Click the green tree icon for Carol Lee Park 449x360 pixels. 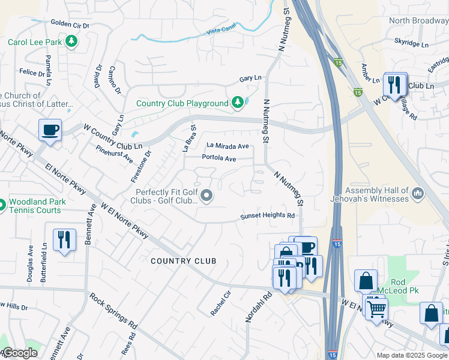(x=71, y=42)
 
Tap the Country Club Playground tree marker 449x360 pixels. (x=238, y=103)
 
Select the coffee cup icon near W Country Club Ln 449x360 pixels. (x=50, y=130)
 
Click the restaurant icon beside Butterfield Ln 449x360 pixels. (x=63, y=239)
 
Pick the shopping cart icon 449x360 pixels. (x=376, y=309)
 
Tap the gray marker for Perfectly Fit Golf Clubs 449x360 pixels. (x=207, y=196)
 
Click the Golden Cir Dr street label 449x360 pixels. (x=70, y=25)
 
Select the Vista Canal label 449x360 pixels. (x=221, y=31)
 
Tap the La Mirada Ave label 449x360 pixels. (x=228, y=146)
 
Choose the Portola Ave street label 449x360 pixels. (x=219, y=158)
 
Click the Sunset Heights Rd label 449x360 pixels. (x=268, y=215)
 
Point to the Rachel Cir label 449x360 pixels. (x=220, y=303)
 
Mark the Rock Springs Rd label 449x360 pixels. (x=113, y=310)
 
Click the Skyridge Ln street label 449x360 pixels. (x=412, y=44)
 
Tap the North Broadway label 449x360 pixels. (x=418, y=20)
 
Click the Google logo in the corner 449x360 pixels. (x=20, y=353)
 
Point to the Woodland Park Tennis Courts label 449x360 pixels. (x=34, y=206)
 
